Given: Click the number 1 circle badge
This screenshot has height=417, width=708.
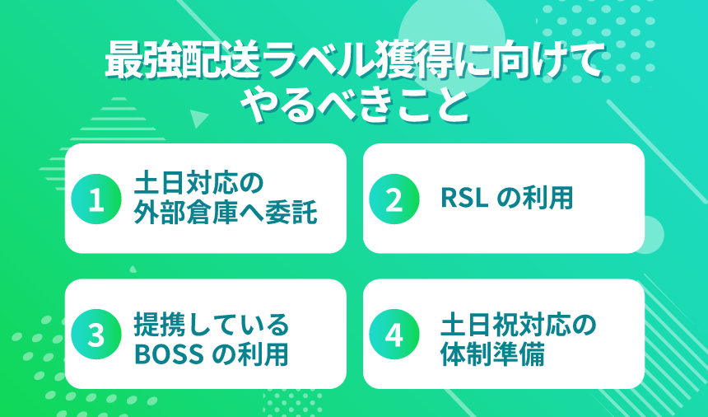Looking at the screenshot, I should coord(95,199).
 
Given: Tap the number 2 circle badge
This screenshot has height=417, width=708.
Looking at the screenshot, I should coord(394,199).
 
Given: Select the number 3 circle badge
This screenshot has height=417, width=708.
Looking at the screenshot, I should coord(95,335).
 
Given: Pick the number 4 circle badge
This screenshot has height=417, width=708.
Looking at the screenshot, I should coord(394,335).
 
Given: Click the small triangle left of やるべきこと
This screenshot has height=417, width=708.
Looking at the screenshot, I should coord(198,118).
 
